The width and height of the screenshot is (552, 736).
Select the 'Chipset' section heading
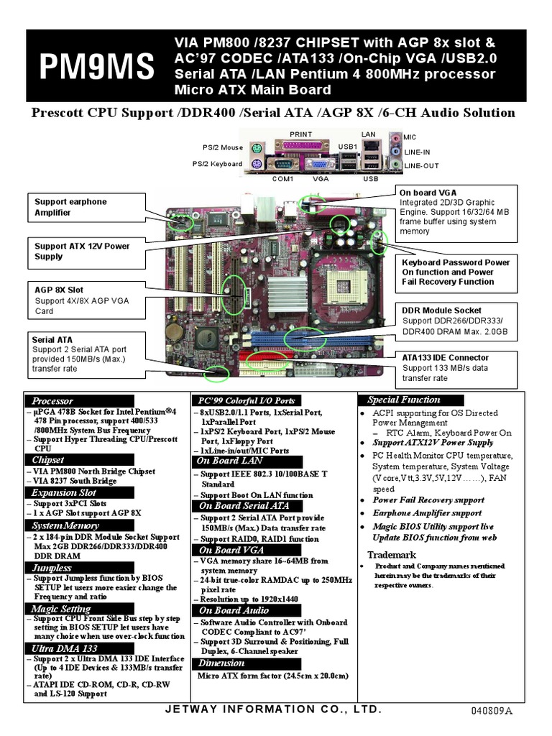[48, 459]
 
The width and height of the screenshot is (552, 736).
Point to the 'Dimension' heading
[222, 663]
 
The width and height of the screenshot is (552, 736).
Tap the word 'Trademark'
[392, 555]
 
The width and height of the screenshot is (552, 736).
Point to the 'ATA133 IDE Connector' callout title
[446, 357]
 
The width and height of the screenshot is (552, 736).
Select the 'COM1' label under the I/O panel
[283, 178]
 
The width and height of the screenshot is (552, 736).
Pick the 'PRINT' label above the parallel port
[301, 134]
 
